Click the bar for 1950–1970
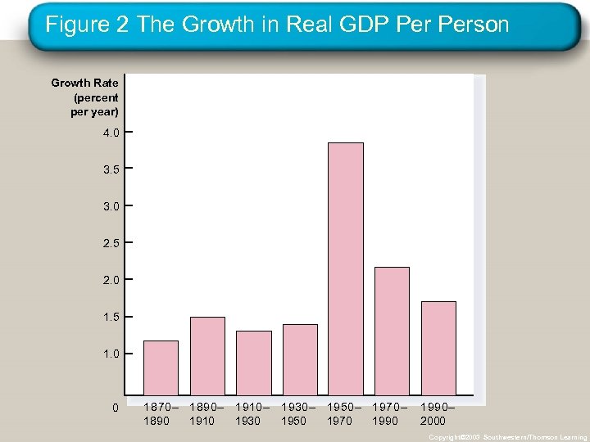tap(345, 268)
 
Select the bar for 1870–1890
tap(161, 368)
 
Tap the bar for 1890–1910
tap(207, 356)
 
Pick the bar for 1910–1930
tap(253, 363)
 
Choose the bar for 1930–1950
tap(300, 359)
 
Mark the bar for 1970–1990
tap(392, 331)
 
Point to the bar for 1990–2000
tap(438, 348)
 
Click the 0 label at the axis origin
tap(116, 408)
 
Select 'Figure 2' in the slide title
tap(88, 25)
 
